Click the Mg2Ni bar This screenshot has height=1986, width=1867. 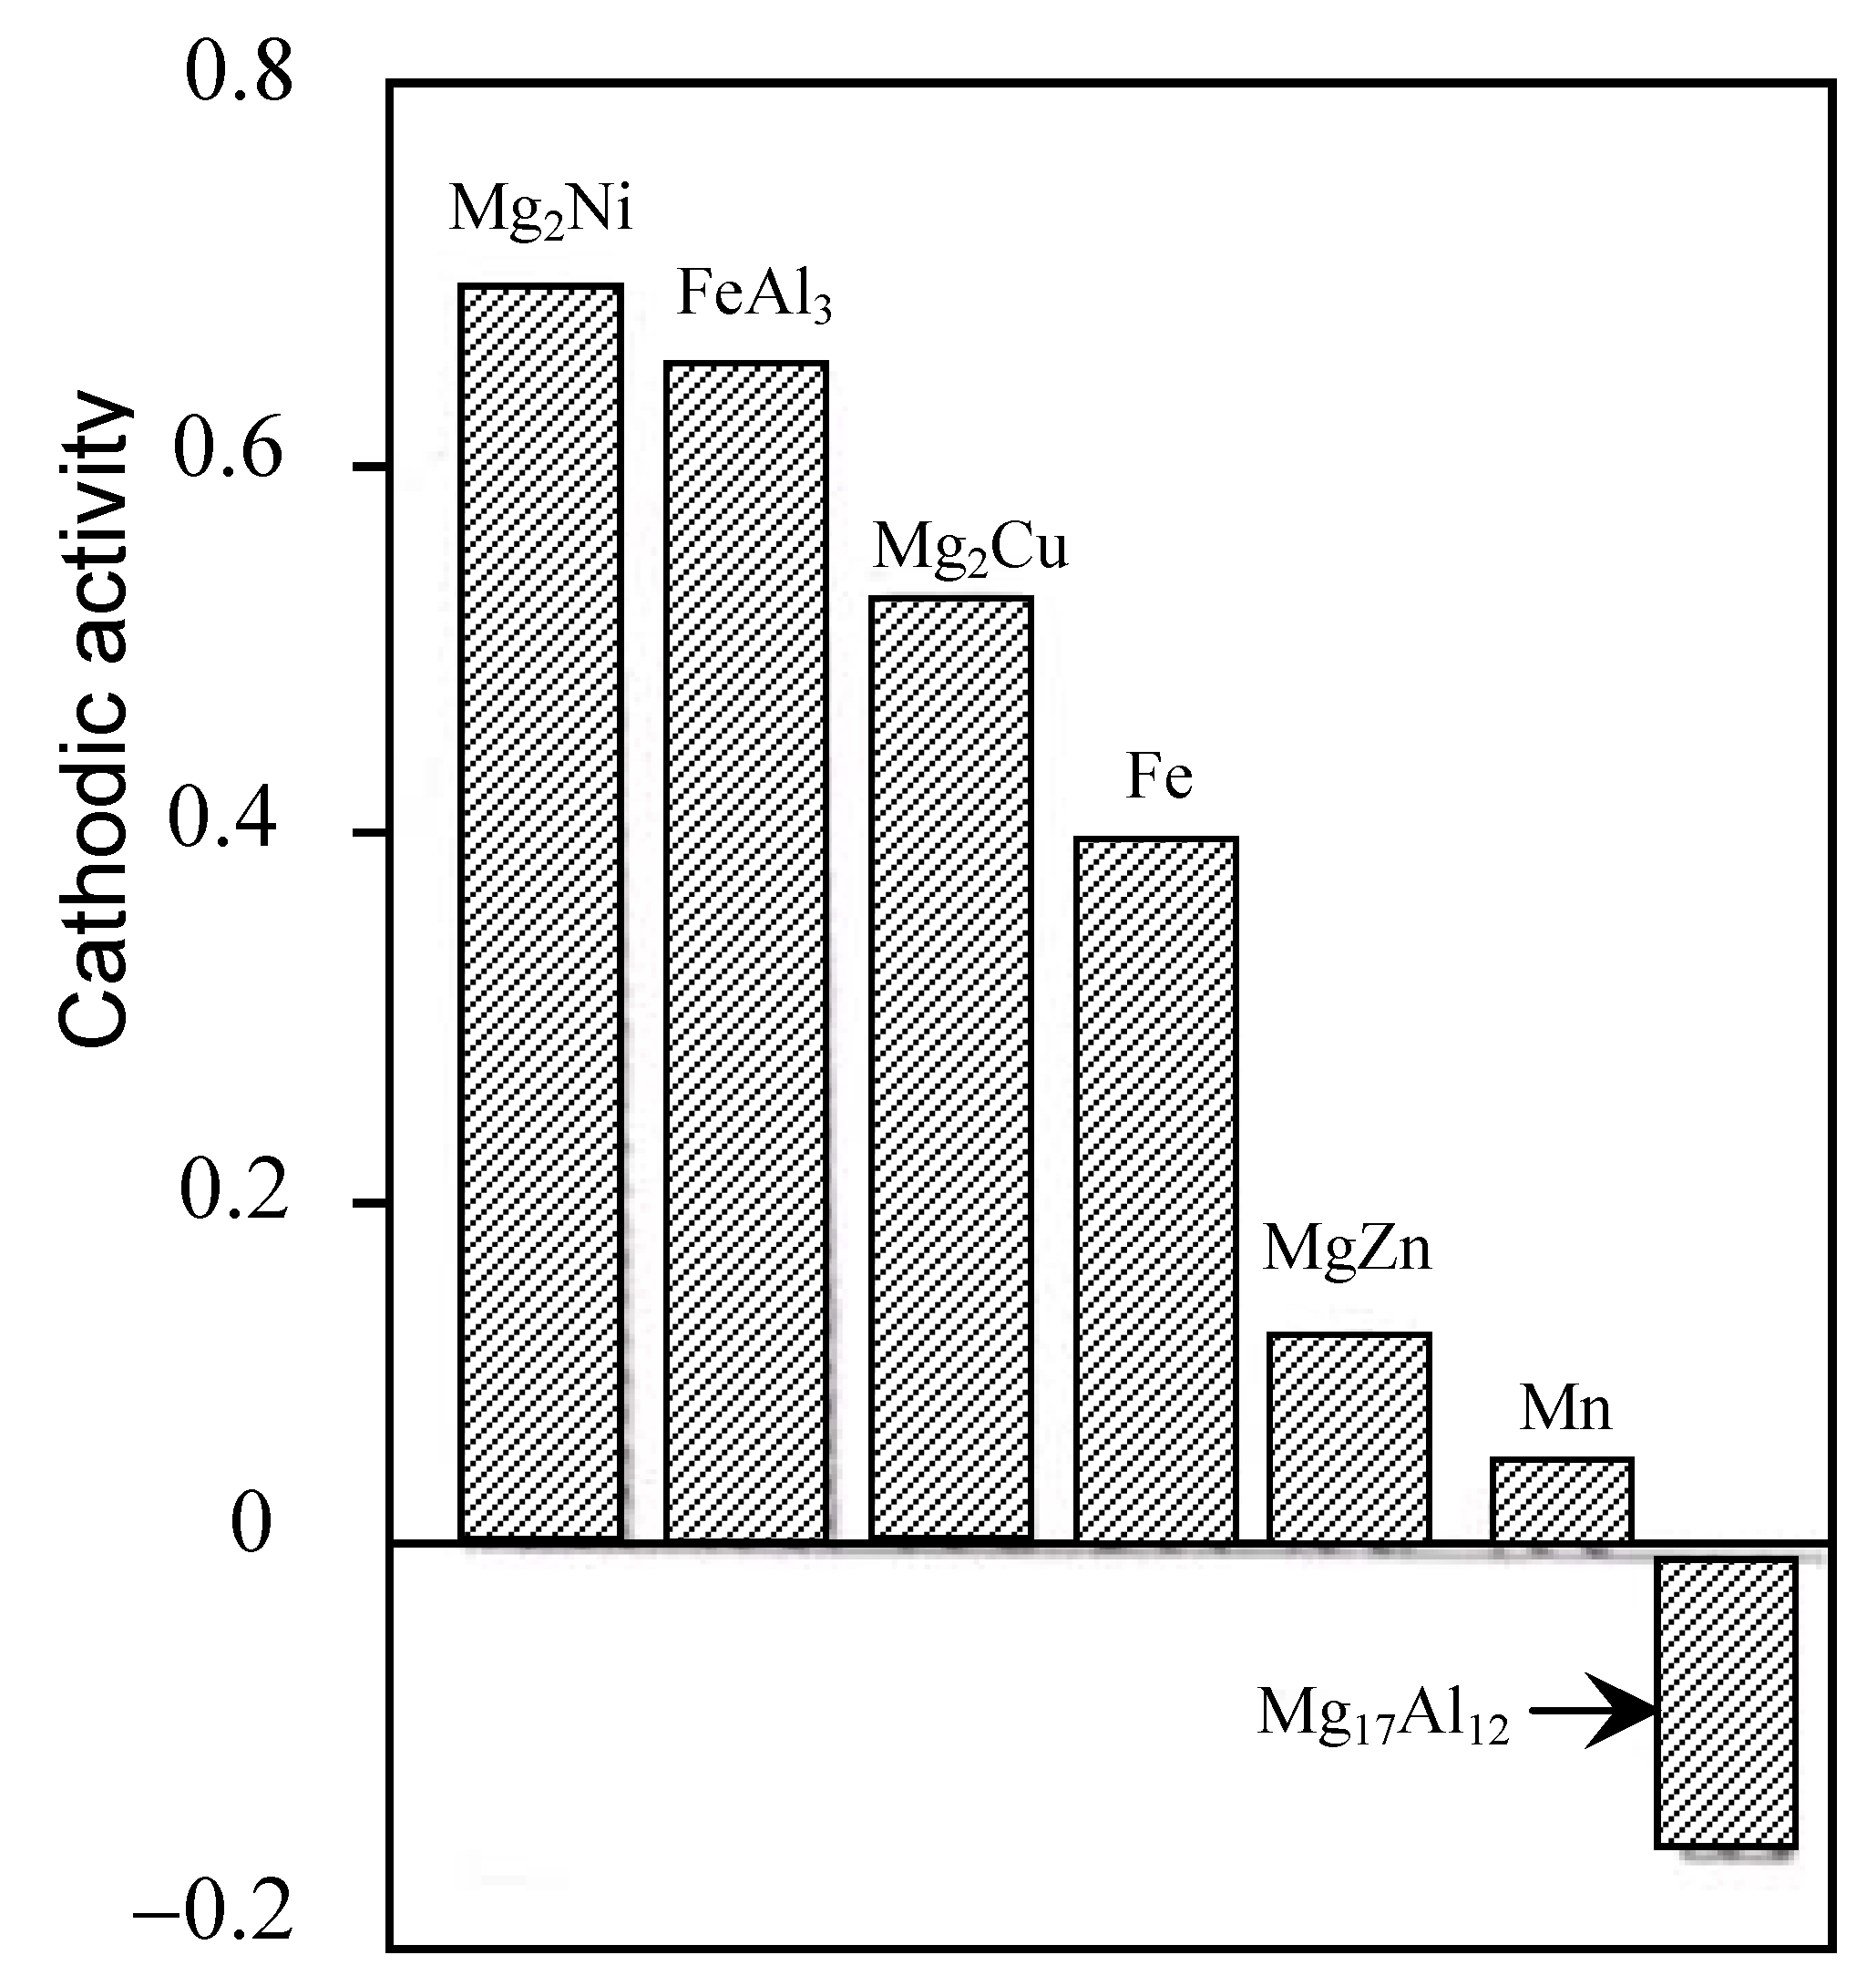(540, 911)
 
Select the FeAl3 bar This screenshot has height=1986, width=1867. (746, 950)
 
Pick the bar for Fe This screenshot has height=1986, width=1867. (1155, 1188)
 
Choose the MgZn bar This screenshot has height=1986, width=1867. (1349, 1435)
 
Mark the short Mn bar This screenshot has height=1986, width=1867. (1563, 1498)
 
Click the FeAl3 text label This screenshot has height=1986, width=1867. (754, 294)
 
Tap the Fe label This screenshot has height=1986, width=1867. (1159, 777)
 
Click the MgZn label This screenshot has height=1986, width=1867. (1347, 1248)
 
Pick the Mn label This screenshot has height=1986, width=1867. (1565, 1408)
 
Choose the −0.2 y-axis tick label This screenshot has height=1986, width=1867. (213, 1909)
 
